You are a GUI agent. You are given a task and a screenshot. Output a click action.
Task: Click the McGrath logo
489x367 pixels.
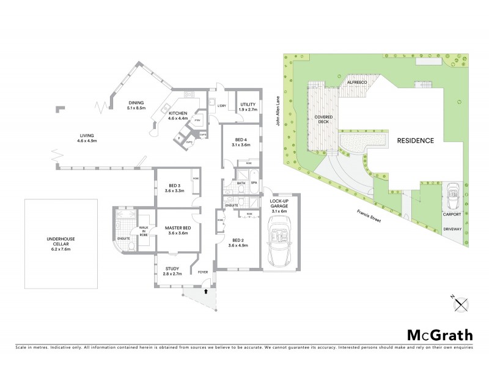coord(439,335)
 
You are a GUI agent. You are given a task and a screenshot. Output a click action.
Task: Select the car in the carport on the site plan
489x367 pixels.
coord(452,195)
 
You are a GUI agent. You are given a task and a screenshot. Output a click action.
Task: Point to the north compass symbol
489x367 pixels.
coord(463,300)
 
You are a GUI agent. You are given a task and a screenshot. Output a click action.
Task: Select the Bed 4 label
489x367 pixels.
coord(241,142)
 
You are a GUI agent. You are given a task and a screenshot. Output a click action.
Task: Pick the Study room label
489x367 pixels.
coord(172,270)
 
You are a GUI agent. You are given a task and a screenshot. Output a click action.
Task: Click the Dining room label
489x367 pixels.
coord(136,105)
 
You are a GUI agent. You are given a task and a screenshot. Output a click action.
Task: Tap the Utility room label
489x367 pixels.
coord(248,107)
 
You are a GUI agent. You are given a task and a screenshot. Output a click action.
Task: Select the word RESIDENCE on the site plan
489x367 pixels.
coord(416,140)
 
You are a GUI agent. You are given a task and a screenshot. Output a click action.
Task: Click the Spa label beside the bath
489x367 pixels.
coord(254,183)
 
